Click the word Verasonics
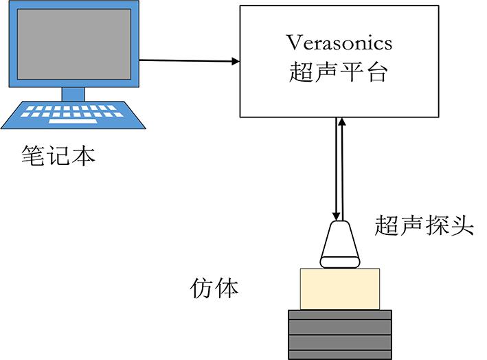coord(339,43)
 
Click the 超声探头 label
coord(424,225)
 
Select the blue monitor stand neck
coord(73,94)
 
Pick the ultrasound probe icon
coord(341,244)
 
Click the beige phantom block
coord(339,289)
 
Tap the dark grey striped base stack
coord(339,334)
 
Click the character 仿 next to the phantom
coord(201,289)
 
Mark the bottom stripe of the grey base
coord(339,353)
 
